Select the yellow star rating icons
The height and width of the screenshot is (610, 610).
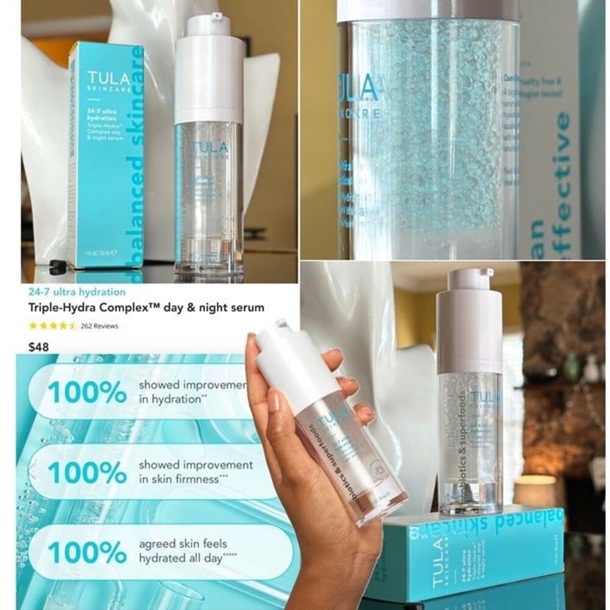(52, 326)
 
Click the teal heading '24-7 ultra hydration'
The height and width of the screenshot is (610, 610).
(77, 292)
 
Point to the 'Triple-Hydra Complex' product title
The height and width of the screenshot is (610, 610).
(147, 308)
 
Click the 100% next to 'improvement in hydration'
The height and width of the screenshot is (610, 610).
(87, 393)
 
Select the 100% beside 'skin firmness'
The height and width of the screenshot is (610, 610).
(87, 472)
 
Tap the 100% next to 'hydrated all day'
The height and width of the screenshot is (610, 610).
(87, 552)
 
